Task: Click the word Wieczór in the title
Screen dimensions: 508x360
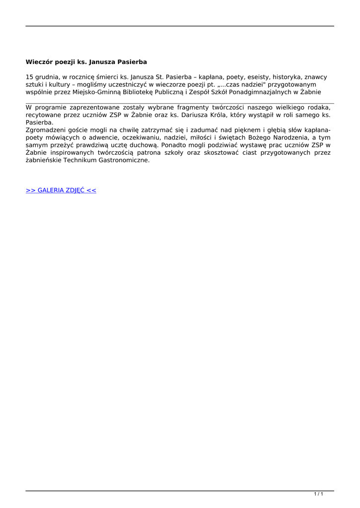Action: point(39,62)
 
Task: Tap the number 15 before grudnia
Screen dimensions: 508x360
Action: point(30,77)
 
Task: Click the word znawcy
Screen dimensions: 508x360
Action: point(316,77)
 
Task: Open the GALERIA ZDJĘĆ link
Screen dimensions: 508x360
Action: point(61,190)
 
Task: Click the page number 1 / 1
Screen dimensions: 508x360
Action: point(319,494)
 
